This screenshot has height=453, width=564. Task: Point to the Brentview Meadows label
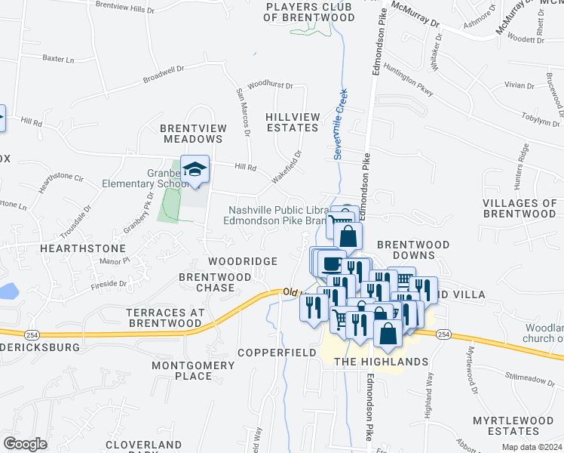192,134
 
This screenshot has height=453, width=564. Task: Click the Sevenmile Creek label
340,128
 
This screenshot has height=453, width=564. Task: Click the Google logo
25,444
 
